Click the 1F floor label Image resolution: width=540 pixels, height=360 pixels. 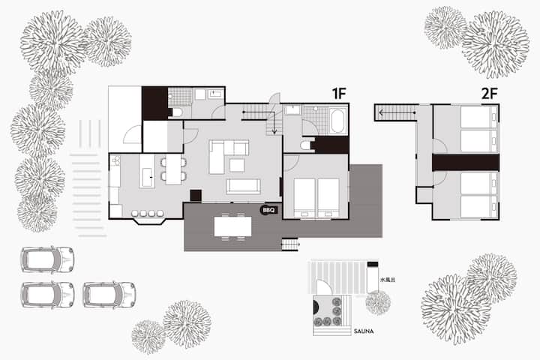[x=338, y=93]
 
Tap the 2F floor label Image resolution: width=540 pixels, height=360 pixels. [x=489, y=93]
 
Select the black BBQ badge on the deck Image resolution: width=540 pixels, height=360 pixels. [x=268, y=210]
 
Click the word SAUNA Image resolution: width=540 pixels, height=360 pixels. [x=364, y=331]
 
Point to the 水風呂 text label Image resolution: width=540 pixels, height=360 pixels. [x=388, y=280]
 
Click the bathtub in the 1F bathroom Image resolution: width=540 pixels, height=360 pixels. [x=337, y=121]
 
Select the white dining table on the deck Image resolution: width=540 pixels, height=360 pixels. [x=232, y=226]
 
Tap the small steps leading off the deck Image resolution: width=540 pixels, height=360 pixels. [x=289, y=244]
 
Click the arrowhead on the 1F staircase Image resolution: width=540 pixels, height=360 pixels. [x=274, y=131]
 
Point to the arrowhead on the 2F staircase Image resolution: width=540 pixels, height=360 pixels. [x=381, y=112]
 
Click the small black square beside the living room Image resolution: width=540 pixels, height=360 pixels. [x=196, y=195]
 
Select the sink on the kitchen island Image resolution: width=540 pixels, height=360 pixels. [x=148, y=177]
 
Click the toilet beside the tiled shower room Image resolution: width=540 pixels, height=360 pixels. [x=177, y=112]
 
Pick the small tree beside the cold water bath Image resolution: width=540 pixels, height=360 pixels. [x=378, y=303]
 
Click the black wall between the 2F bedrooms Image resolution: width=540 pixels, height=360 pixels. [x=466, y=163]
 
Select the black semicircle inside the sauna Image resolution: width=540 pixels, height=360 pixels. [x=315, y=307]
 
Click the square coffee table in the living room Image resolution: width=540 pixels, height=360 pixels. [x=237, y=165]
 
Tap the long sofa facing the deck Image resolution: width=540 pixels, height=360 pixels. [x=243, y=186]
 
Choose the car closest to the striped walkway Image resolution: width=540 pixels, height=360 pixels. [x=47, y=259]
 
